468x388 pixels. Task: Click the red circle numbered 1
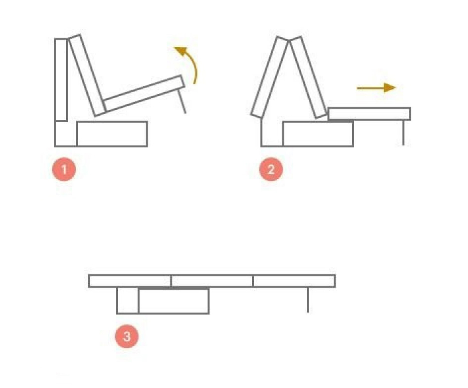click(x=64, y=170)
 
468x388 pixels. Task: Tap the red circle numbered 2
click(x=271, y=170)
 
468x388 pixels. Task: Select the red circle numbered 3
click(x=127, y=336)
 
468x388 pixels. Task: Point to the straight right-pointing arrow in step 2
click(x=376, y=88)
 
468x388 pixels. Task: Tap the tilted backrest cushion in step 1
click(x=87, y=75)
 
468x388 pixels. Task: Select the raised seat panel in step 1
click(x=144, y=93)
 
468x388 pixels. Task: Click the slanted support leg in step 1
click(x=182, y=101)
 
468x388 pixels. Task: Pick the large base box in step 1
click(x=112, y=134)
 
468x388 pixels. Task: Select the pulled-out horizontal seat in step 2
click(x=369, y=114)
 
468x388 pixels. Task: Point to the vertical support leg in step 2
click(x=403, y=133)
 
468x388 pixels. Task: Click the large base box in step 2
click(x=318, y=134)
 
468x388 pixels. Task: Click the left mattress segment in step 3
click(x=130, y=281)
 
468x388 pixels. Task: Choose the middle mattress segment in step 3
click(x=212, y=281)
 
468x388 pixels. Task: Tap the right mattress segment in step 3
click(x=294, y=281)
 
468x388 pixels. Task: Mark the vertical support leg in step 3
click(x=308, y=300)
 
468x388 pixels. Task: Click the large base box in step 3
click(x=174, y=301)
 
